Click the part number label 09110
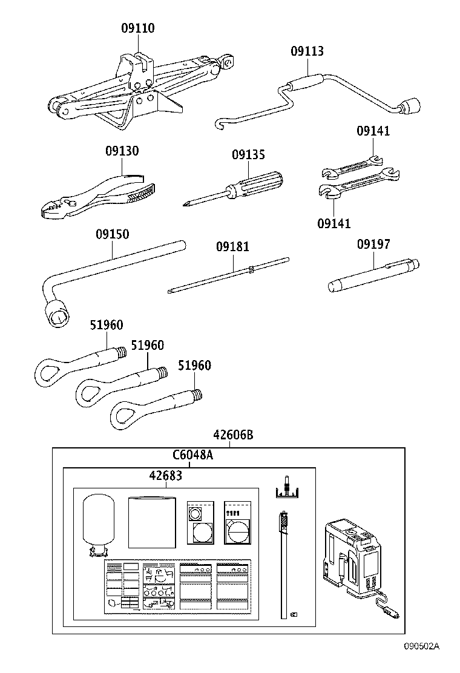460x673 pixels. click(x=137, y=28)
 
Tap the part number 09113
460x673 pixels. click(x=306, y=51)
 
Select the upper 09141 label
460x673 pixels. click(x=373, y=131)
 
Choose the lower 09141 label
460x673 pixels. click(x=333, y=223)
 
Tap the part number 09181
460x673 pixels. click(x=232, y=247)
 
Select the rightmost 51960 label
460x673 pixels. click(x=194, y=366)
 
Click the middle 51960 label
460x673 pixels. click(x=148, y=345)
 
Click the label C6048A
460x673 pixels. click(x=192, y=455)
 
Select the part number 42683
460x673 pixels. click(x=165, y=476)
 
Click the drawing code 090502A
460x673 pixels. click(x=422, y=663)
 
